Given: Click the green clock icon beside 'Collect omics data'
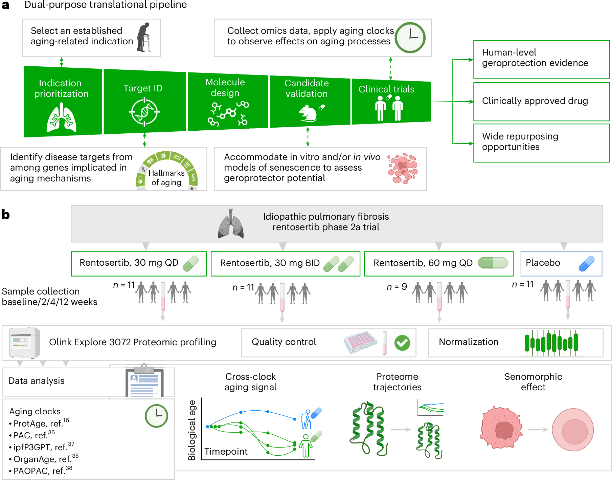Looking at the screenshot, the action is [410, 38].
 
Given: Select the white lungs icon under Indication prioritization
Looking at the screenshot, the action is [61, 117].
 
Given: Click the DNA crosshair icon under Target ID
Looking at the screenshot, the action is [144, 112].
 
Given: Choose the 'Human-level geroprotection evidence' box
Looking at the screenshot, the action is [541, 60].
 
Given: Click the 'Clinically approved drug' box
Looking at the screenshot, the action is [541, 102].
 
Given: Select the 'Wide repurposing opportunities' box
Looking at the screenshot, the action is [541, 143].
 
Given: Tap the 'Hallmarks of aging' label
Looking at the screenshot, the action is [166, 178].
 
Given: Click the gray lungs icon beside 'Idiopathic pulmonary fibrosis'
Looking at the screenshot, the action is [231, 224].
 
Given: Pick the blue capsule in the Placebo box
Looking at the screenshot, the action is [587, 264].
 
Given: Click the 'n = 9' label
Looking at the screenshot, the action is [397, 287].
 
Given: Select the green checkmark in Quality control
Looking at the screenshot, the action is [402, 343].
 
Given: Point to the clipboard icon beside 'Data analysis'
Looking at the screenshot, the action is [144, 380].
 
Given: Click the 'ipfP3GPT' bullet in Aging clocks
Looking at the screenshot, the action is [42, 447].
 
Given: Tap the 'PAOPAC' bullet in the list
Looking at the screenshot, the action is [41, 471].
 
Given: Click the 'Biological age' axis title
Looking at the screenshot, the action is [192, 430].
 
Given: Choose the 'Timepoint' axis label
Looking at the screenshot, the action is [226, 451].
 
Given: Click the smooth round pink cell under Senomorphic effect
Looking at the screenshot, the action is [573, 430].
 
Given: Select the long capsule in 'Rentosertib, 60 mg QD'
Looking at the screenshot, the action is [493, 263].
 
